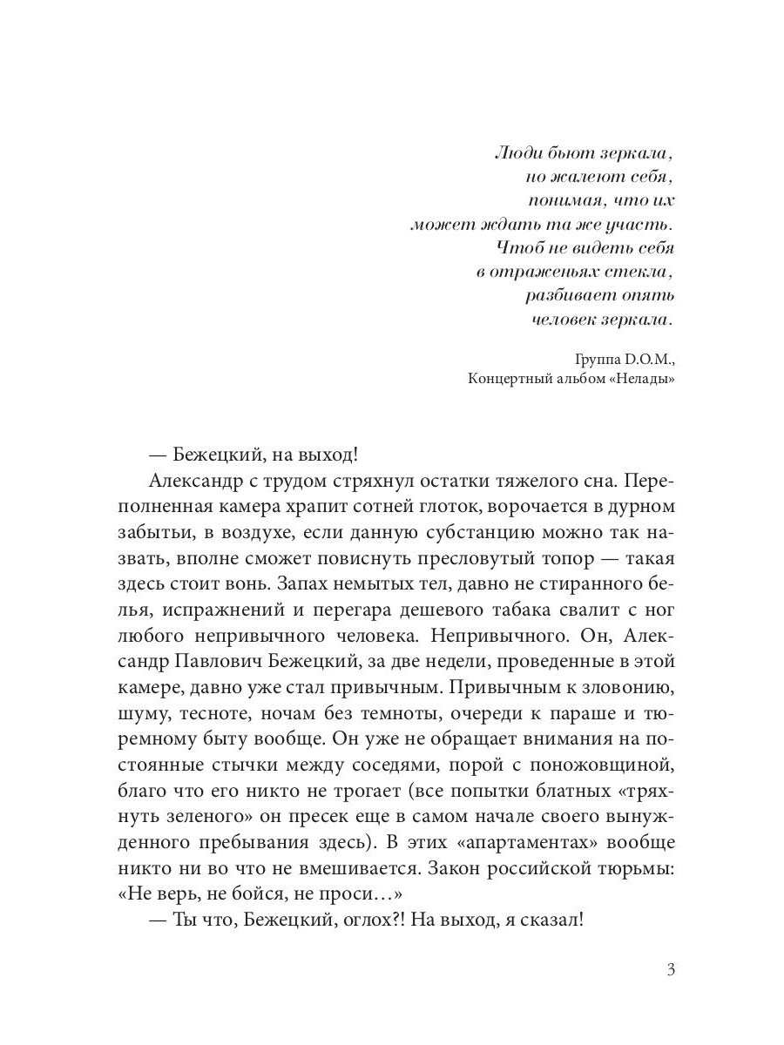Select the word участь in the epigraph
click(x=645, y=225)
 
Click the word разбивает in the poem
click(x=567, y=295)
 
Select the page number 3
click(x=670, y=970)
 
